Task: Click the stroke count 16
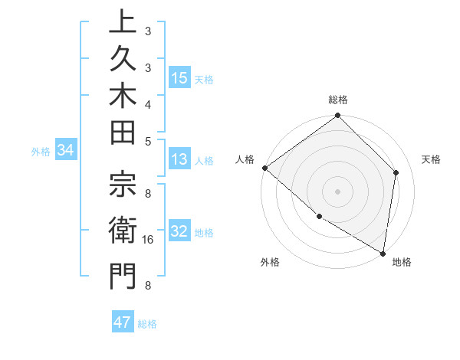click(x=149, y=239)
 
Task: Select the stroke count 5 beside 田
click(x=147, y=141)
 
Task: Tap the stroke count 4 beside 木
click(x=147, y=103)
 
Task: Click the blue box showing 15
click(x=179, y=78)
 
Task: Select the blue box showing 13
click(x=179, y=159)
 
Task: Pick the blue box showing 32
click(x=179, y=231)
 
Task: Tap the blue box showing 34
click(x=66, y=151)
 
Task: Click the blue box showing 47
click(x=123, y=322)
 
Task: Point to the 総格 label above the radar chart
click(x=338, y=100)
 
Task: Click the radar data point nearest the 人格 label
click(x=264, y=168)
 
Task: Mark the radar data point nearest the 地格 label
click(x=383, y=252)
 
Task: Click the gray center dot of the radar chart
click(x=338, y=191)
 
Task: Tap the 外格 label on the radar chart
click(x=270, y=262)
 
